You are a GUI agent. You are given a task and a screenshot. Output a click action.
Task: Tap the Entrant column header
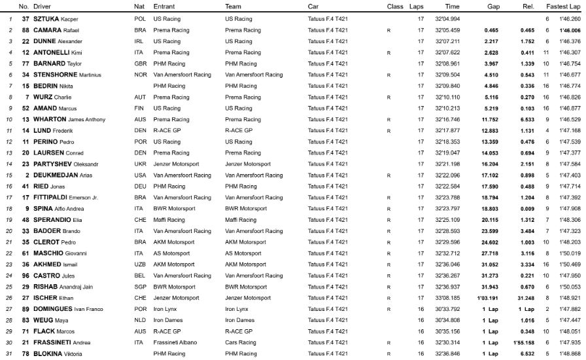tap(164, 7)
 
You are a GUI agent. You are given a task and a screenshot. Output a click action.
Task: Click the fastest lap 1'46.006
tap(570, 30)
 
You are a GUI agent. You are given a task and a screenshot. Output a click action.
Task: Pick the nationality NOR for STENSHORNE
tap(140, 75)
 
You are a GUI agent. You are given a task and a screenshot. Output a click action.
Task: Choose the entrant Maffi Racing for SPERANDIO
tap(169, 219)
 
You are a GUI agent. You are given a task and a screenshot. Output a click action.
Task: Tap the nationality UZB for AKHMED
tap(140, 264)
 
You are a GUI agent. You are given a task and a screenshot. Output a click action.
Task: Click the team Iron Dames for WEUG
tap(239, 319)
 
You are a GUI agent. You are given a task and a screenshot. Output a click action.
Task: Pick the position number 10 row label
tap(9, 119)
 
